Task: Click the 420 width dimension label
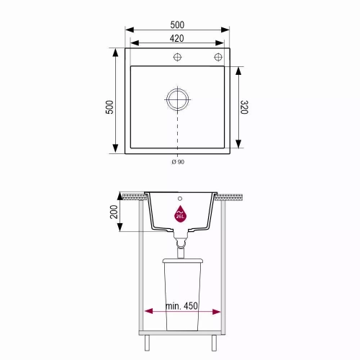tap(176, 38)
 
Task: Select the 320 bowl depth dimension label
tap(244, 107)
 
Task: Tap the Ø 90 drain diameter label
tap(178, 162)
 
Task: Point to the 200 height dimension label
tap(114, 212)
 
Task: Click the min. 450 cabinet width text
tap(181, 306)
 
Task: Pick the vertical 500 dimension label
tap(109, 107)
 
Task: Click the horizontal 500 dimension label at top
tap(177, 25)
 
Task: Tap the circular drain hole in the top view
tap(177, 99)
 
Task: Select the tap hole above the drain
tap(177, 57)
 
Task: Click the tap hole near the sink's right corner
tap(218, 57)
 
